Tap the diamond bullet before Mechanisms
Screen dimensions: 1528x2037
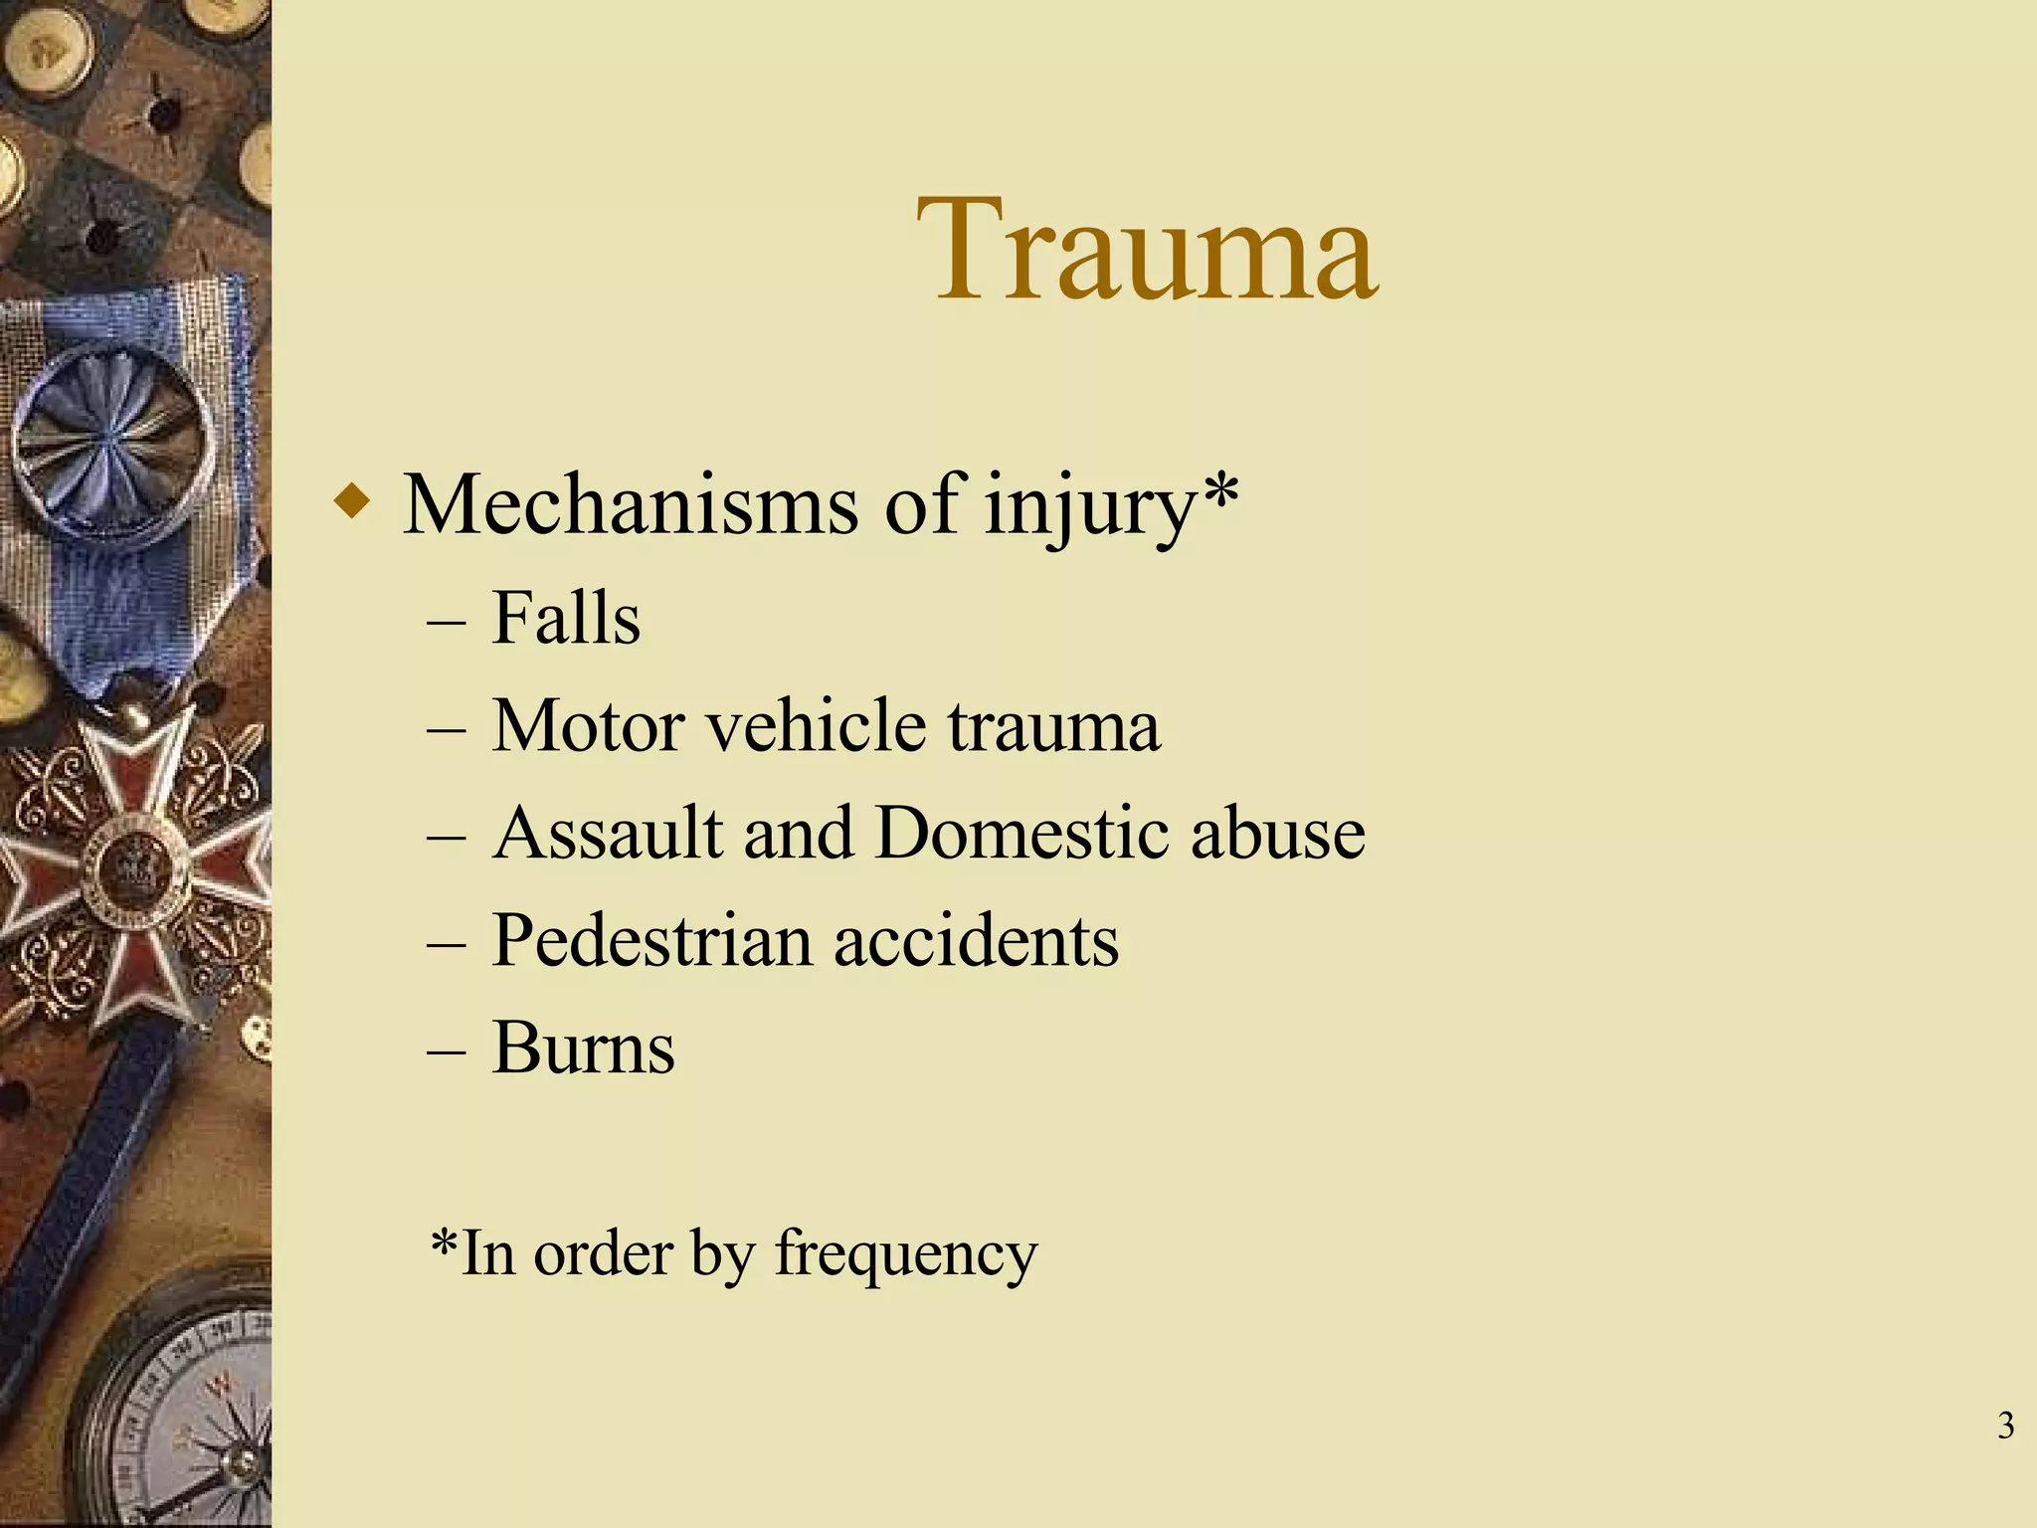[352, 500]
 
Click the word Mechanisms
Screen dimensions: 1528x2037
[630, 505]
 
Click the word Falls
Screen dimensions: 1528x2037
[566, 619]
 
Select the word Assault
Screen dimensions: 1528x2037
[607, 833]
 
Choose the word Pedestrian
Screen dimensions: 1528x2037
[651, 940]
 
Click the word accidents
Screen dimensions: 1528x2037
[976, 940]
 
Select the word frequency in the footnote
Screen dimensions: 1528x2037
[906, 1255]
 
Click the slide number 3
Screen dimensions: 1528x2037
[2005, 1426]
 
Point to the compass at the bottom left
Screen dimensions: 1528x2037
[189, 1413]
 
